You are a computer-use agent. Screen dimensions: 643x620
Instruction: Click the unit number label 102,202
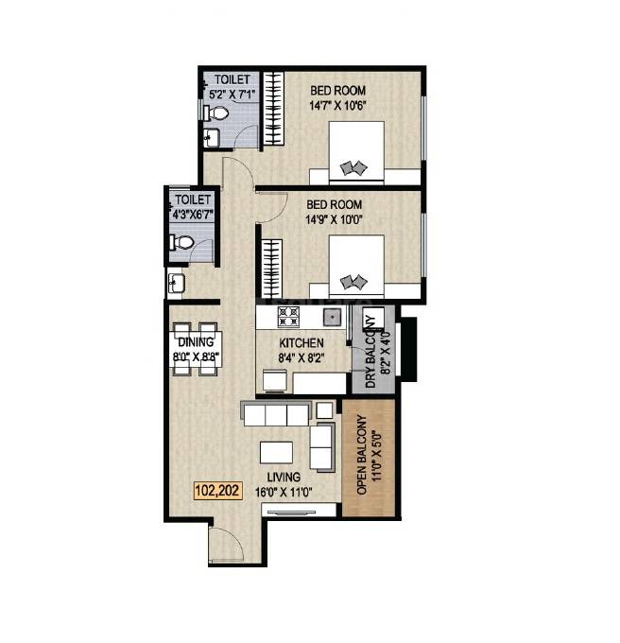[218, 491]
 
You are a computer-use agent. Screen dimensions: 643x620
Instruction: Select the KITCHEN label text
[301, 343]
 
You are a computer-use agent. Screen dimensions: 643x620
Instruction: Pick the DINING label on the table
[197, 343]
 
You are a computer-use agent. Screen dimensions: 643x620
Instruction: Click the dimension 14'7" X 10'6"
[337, 106]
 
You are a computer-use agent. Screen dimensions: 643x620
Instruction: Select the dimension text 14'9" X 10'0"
[337, 219]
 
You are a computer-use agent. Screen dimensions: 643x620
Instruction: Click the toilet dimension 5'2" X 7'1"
[231, 94]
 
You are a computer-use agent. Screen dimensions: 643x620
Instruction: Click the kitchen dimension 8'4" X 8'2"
[301, 357]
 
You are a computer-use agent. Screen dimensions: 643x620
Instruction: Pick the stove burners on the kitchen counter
[286, 316]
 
